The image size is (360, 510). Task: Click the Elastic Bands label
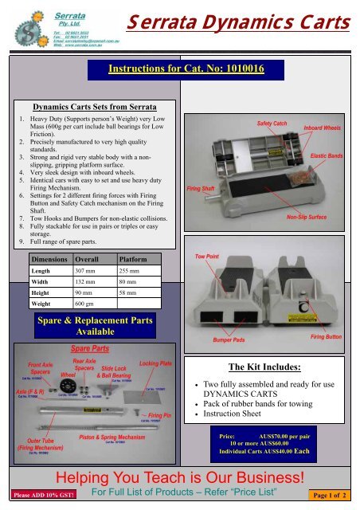[x=329, y=157]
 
